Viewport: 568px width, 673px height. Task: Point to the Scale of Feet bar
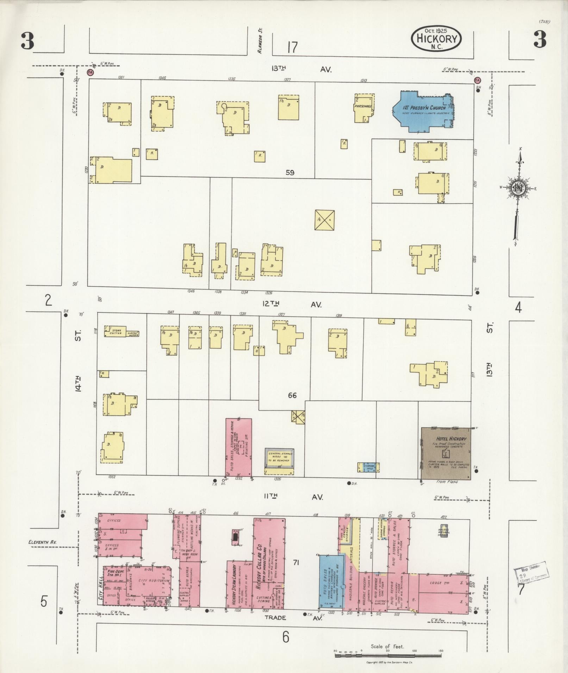[387, 655]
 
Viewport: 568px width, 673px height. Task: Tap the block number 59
[290, 173]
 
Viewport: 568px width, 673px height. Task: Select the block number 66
[292, 395]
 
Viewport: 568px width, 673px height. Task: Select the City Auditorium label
[152, 581]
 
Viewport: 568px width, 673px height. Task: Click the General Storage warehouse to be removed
[279, 457]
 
